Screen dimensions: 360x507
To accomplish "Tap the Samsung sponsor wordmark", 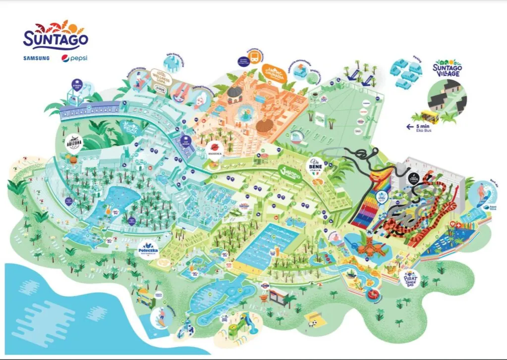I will (x=36, y=58).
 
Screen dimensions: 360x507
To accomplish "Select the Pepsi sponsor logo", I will (x=74, y=58).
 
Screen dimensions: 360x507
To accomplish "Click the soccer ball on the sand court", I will (x=314, y=324).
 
